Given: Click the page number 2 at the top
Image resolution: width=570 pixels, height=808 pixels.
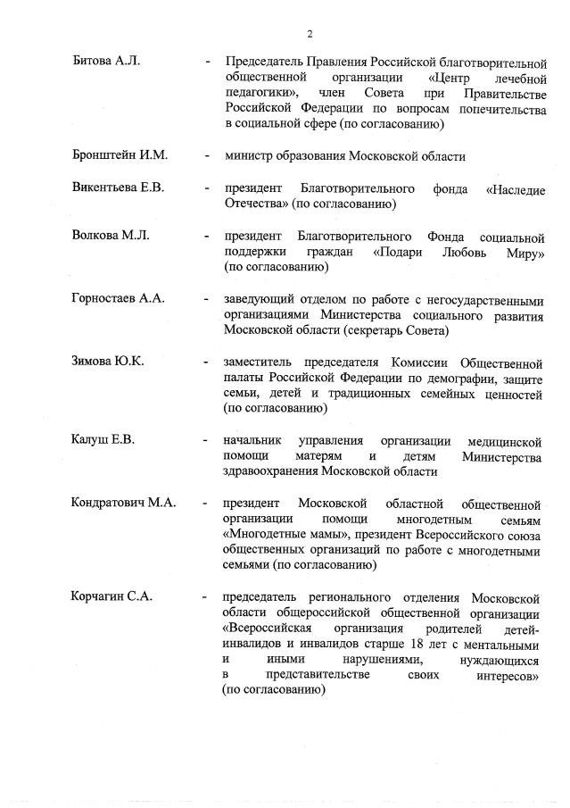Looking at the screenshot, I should tap(310, 34).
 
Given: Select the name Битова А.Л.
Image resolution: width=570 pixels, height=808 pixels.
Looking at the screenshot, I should tap(106, 62).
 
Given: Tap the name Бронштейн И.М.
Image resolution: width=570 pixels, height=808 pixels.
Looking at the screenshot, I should tap(120, 155).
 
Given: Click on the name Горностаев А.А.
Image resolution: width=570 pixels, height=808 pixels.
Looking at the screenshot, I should tap(119, 299).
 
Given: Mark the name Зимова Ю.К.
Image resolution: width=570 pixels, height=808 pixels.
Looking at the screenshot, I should tap(107, 362).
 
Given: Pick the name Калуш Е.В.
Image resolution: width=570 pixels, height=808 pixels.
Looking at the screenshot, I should tap(103, 440).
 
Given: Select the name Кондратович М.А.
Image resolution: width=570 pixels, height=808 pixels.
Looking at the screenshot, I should tap(123, 503).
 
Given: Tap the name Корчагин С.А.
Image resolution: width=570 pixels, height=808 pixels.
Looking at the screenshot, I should tap(112, 596).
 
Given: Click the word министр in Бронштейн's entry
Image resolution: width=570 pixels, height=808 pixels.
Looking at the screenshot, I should tap(250, 156).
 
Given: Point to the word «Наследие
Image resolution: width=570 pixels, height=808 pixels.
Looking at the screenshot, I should tap(516, 189).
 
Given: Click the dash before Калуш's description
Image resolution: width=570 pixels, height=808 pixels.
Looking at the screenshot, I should tap(207, 441).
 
